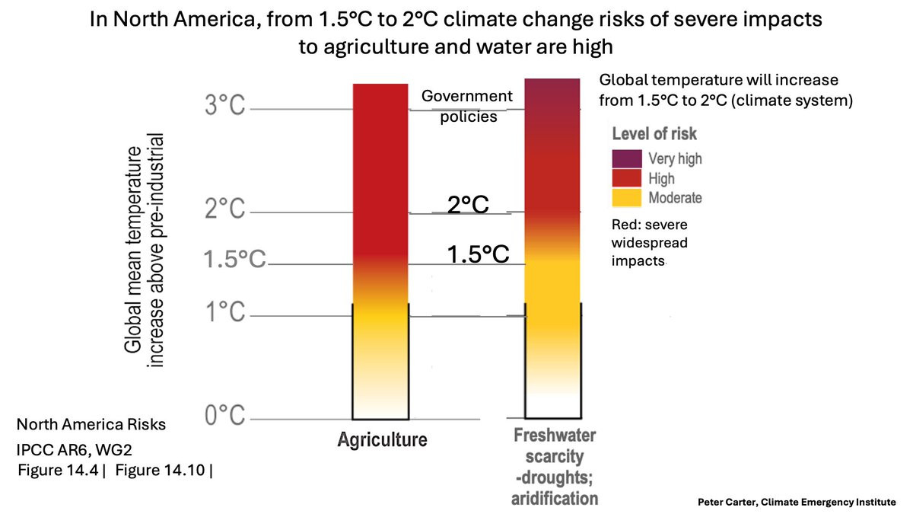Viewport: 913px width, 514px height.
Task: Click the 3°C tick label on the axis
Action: [x=224, y=106]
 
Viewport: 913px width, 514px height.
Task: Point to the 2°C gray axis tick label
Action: [x=224, y=209]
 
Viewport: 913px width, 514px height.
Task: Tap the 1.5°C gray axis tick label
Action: [x=234, y=260]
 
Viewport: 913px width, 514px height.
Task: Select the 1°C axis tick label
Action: [x=224, y=312]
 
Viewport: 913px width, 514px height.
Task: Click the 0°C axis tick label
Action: [x=224, y=417]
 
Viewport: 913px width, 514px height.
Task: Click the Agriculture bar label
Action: [x=382, y=439]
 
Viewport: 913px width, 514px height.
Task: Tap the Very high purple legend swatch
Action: [x=626, y=158]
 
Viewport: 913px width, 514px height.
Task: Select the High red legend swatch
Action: [x=626, y=178]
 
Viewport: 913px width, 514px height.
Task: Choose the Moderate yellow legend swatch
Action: [x=626, y=198]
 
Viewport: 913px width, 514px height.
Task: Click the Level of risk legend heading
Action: [x=654, y=135]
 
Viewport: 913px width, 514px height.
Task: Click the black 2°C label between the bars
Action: [x=467, y=205]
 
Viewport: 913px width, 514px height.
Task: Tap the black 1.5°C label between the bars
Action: [x=478, y=254]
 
